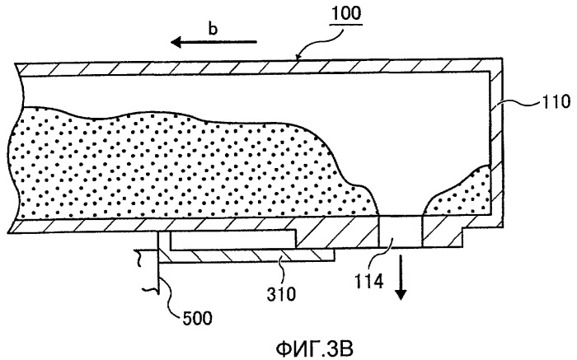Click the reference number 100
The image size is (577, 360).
point(346,14)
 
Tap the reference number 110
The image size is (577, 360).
point(556,101)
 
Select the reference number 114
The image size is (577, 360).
point(368,282)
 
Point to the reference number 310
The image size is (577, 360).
point(281,293)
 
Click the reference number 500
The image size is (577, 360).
point(197,318)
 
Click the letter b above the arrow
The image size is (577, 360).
point(213,28)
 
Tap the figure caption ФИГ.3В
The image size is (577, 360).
point(314,348)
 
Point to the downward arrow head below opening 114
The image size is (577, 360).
point(401,294)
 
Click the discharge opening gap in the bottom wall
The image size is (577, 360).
point(401,231)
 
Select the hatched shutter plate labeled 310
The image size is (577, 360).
point(246,255)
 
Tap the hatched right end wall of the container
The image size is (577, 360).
point(496,143)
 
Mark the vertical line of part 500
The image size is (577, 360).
point(158,262)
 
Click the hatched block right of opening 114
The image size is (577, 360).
point(443,234)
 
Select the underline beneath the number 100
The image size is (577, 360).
point(346,24)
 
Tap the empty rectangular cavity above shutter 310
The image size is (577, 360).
point(232,240)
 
